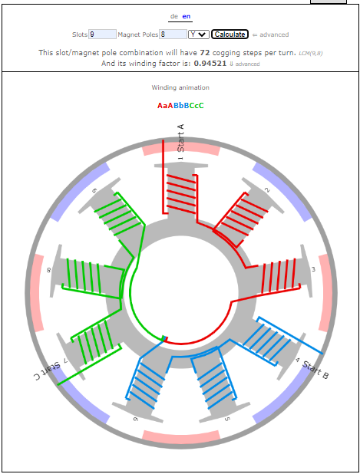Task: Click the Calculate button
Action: [230, 35]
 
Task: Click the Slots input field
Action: [102, 35]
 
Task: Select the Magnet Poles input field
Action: [173, 35]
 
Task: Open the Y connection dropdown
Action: [199, 35]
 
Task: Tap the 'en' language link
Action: [187, 16]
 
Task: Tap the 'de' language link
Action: [174, 16]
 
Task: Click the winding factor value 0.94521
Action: [210, 63]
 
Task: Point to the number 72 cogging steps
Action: [205, 53]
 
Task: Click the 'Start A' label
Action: [180, 138]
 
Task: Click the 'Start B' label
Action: [315, 370]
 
